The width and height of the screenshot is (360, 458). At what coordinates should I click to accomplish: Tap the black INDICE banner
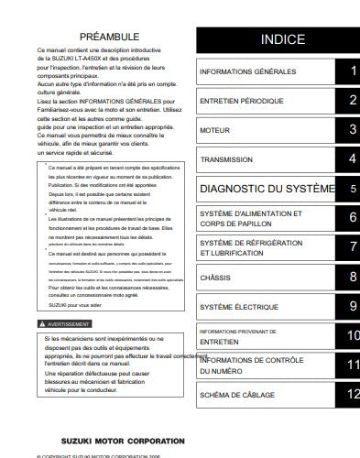(x=282, y=39)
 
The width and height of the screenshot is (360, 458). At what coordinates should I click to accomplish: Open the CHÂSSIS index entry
(x=215, y=277)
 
